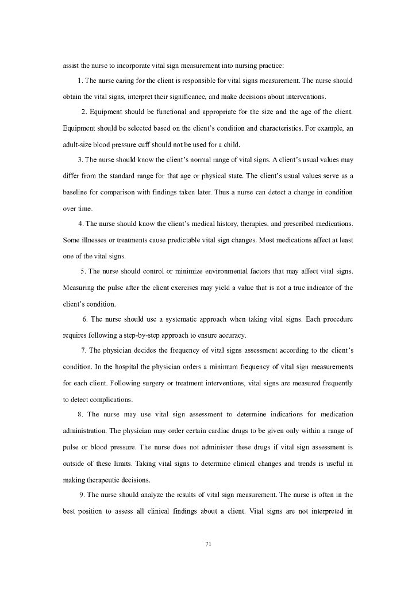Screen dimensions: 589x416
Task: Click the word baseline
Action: (x=75, y=191)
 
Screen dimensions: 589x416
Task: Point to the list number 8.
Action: (x=79, y=414)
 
